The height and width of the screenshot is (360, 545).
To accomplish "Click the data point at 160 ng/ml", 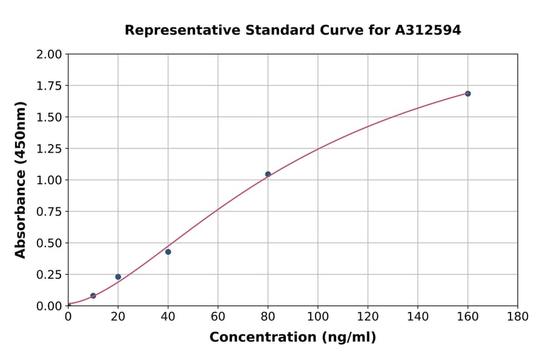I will click(x=467, y=93).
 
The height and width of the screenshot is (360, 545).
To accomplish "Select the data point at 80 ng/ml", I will click(x=268, y=174).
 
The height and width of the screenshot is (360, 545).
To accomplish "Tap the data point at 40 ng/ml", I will click(x=168, y=252).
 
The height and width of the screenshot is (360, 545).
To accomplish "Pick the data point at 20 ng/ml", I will click(x=118, y=277).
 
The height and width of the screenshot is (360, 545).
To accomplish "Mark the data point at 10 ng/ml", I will click(x=93, y=296).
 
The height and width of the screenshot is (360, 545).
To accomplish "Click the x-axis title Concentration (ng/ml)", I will click(x=292, y=338).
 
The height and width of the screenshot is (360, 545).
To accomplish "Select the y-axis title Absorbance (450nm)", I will click(x=21, y=179).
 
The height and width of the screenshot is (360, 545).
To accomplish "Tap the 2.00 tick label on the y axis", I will click(x=50, y=54).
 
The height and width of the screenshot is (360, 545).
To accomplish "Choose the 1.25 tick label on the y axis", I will click(x=50, y=148).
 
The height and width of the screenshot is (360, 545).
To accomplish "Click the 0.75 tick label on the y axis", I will click(x=50, y=212).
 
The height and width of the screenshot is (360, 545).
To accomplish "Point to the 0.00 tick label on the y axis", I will click(x=50, y=306).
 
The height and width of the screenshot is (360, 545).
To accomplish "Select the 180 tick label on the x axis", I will click(x=518, y=316).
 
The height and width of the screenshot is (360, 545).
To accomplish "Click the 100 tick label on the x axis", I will click(x=318, y=316).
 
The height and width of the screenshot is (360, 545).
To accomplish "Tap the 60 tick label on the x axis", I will click(x=218, y=316).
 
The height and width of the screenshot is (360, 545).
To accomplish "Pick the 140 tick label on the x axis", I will click(x=418, y=316).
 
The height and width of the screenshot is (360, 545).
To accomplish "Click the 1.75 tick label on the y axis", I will click(x=50, y=85).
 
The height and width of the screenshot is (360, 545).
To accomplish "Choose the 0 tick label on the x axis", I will click(x=68, y=316).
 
